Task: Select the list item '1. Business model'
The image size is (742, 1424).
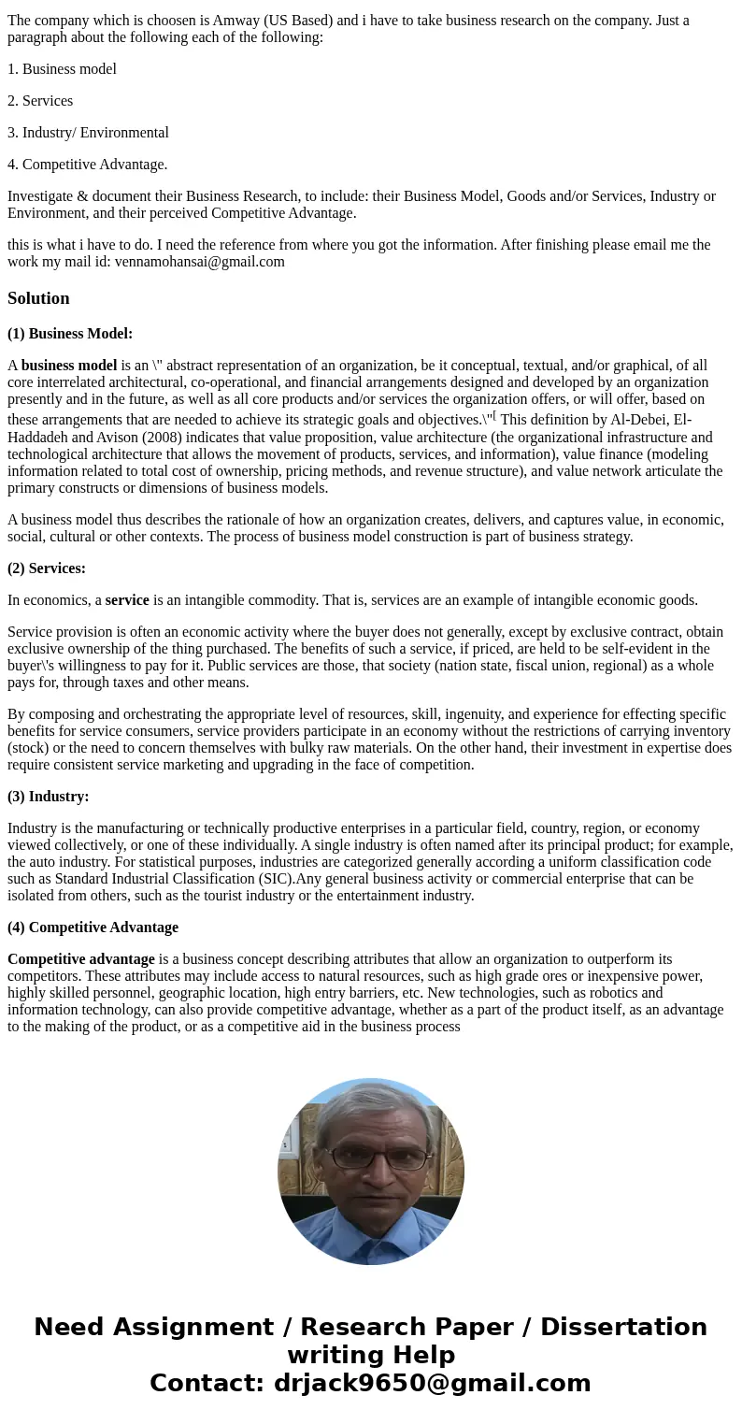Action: (62, 68)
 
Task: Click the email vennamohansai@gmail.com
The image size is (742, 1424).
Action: (199, 261)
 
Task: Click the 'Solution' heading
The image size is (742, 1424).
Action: (38, 298)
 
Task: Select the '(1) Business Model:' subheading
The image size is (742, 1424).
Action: (70, 333)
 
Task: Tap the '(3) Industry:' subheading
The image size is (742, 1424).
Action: (49, 796)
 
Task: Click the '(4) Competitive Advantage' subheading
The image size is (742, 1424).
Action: (93, 927)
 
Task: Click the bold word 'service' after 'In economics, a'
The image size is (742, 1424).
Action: (127, 599)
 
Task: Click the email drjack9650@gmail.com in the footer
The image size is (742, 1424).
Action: (432, 1383)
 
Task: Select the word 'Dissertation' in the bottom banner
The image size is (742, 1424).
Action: (623, 1327)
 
